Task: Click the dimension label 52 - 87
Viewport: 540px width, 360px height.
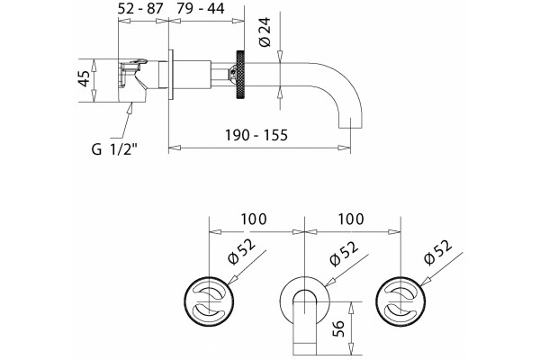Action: coord(139,9)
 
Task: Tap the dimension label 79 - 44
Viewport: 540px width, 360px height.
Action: coord(200,9)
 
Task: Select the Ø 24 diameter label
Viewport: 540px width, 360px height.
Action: coord(265,31)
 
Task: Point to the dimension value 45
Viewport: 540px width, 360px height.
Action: coord(84,78)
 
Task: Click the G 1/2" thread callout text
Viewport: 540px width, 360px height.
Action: coord(114,149)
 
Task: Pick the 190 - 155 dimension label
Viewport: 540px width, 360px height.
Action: coord(256,135)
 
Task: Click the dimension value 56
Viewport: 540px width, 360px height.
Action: coord(338,328)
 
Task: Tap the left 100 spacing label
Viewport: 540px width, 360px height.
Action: coord(254,219)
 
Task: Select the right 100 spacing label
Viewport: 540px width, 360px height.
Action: coord(351,219)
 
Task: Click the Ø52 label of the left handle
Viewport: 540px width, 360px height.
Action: coord(242,251)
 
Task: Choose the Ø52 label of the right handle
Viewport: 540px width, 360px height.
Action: coord(437,252)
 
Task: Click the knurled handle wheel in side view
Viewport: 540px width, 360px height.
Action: coord(239,75)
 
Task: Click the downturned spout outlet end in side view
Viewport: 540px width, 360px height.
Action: coord(351,123)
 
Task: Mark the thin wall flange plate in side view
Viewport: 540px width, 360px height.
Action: coord(171,75)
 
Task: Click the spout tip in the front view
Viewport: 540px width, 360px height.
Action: coord(305,348)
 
